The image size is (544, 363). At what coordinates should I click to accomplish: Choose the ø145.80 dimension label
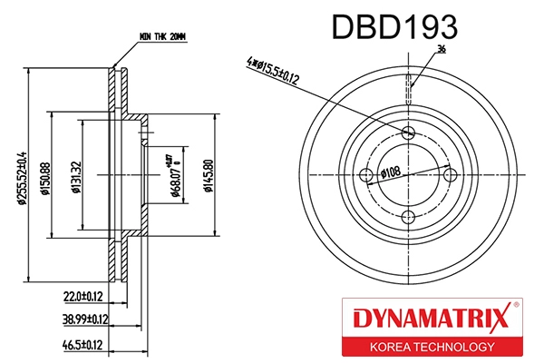coord(209,176)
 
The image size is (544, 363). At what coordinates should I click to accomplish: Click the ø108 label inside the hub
coord(391,172)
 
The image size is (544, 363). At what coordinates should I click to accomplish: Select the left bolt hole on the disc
coord(367,175)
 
